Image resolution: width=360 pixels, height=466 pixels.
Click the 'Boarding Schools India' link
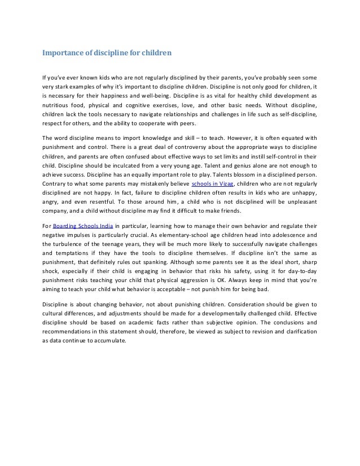tap(80, 226)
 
